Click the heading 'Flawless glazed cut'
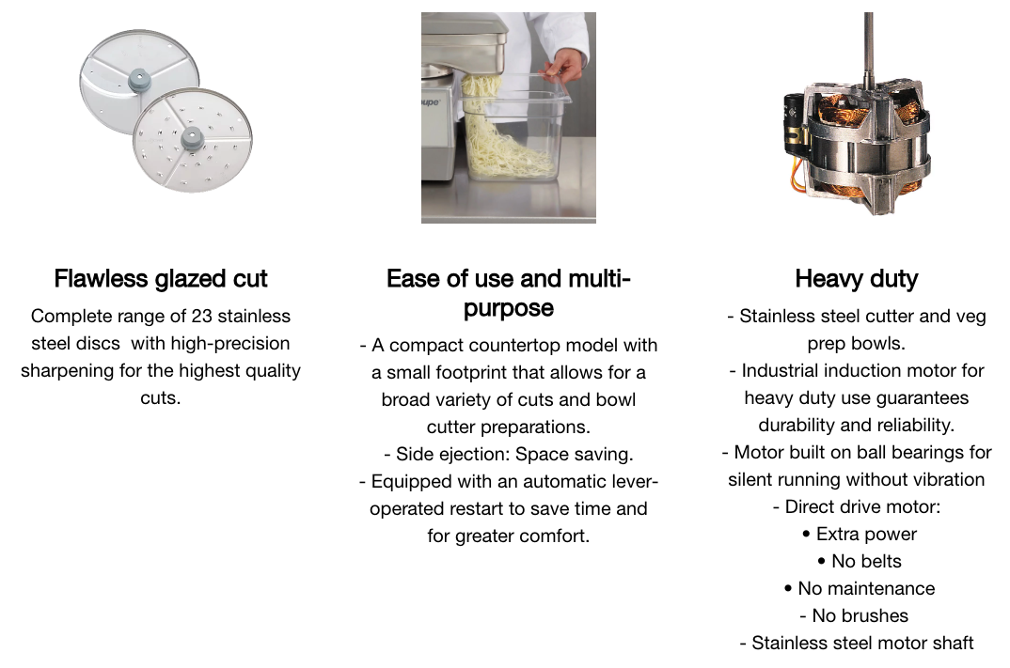[161, 279]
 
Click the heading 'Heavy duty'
[856, 279]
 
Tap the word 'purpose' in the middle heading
[508, 309]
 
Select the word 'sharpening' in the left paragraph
[64, 371]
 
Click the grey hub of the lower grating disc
[191, 138]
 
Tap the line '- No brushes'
[854, 616]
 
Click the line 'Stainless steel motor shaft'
[862, 643]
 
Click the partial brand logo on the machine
[431, 102]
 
